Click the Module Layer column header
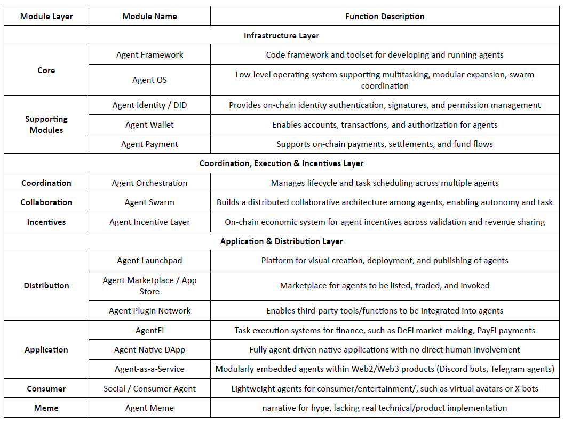(46, 17)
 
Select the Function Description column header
(385, 17)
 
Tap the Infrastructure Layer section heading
(281, 36)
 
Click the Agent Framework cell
(149, 55)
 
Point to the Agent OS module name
(149, 80)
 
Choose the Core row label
(46, 71)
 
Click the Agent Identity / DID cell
(149, 105)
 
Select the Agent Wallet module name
(149, 125)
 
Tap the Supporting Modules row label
(46, 124)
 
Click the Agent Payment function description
(385, 144)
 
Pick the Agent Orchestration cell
(149, 183)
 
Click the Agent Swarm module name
(149, 202)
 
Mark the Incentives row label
(46, 222)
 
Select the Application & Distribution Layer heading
(281, 241)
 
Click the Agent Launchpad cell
(149, 261)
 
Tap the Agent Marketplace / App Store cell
(149, 286)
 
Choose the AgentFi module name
(149, 331)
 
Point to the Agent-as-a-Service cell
(149, 369)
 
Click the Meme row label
(46, 408)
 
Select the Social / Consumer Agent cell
(149, 389)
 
